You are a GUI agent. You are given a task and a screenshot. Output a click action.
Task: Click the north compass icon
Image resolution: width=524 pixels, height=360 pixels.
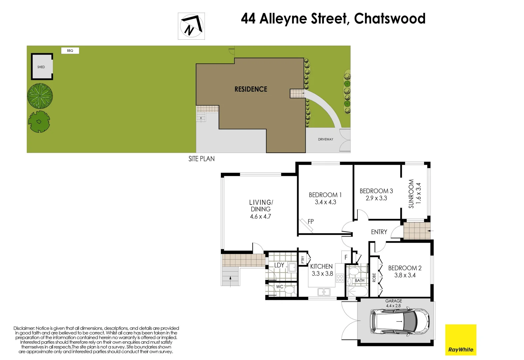point(191,26)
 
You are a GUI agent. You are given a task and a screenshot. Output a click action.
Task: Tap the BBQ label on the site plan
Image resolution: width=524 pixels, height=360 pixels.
point(70,51)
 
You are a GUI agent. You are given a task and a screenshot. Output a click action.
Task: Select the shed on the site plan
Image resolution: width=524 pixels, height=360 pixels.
point(42,67)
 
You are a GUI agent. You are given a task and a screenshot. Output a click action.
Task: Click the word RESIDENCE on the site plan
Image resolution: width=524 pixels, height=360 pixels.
point(251,89)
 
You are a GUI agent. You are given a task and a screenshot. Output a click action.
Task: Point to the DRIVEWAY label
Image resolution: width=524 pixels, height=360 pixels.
point(325,139)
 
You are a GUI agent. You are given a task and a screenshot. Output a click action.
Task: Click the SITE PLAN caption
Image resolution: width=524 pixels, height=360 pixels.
point(201,159)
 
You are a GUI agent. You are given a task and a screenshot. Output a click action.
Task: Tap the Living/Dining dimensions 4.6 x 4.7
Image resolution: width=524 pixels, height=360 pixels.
point(261,216)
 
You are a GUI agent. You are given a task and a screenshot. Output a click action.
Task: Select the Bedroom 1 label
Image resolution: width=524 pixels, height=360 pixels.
point(325,195)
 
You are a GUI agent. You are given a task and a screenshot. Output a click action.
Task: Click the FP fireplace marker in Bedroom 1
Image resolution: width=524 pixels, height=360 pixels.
point(310,221)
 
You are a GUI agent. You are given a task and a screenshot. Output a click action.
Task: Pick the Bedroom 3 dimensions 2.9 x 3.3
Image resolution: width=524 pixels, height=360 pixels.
point(376,198)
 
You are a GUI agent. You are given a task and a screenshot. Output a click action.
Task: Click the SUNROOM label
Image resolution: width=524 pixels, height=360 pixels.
point(411,194)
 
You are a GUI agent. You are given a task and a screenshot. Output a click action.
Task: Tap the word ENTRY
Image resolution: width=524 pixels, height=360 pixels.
point(379,232)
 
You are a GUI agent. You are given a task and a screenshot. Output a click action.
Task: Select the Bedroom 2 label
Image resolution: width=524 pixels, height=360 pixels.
point(404,268)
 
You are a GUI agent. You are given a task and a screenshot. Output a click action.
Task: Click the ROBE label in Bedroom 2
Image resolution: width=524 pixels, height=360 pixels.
point(374,277)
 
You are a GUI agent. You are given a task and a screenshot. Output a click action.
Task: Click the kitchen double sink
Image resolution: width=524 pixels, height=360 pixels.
point(323,292)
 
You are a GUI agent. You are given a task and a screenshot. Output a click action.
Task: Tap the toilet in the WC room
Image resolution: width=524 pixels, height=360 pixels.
point(289,289)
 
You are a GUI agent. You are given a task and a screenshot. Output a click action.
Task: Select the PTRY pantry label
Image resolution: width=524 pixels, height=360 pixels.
point(302,259)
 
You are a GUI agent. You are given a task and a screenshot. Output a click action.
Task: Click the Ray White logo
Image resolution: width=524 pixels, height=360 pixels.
point(461,340)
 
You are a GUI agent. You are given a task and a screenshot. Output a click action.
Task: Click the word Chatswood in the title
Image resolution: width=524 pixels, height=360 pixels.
point(389,19)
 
